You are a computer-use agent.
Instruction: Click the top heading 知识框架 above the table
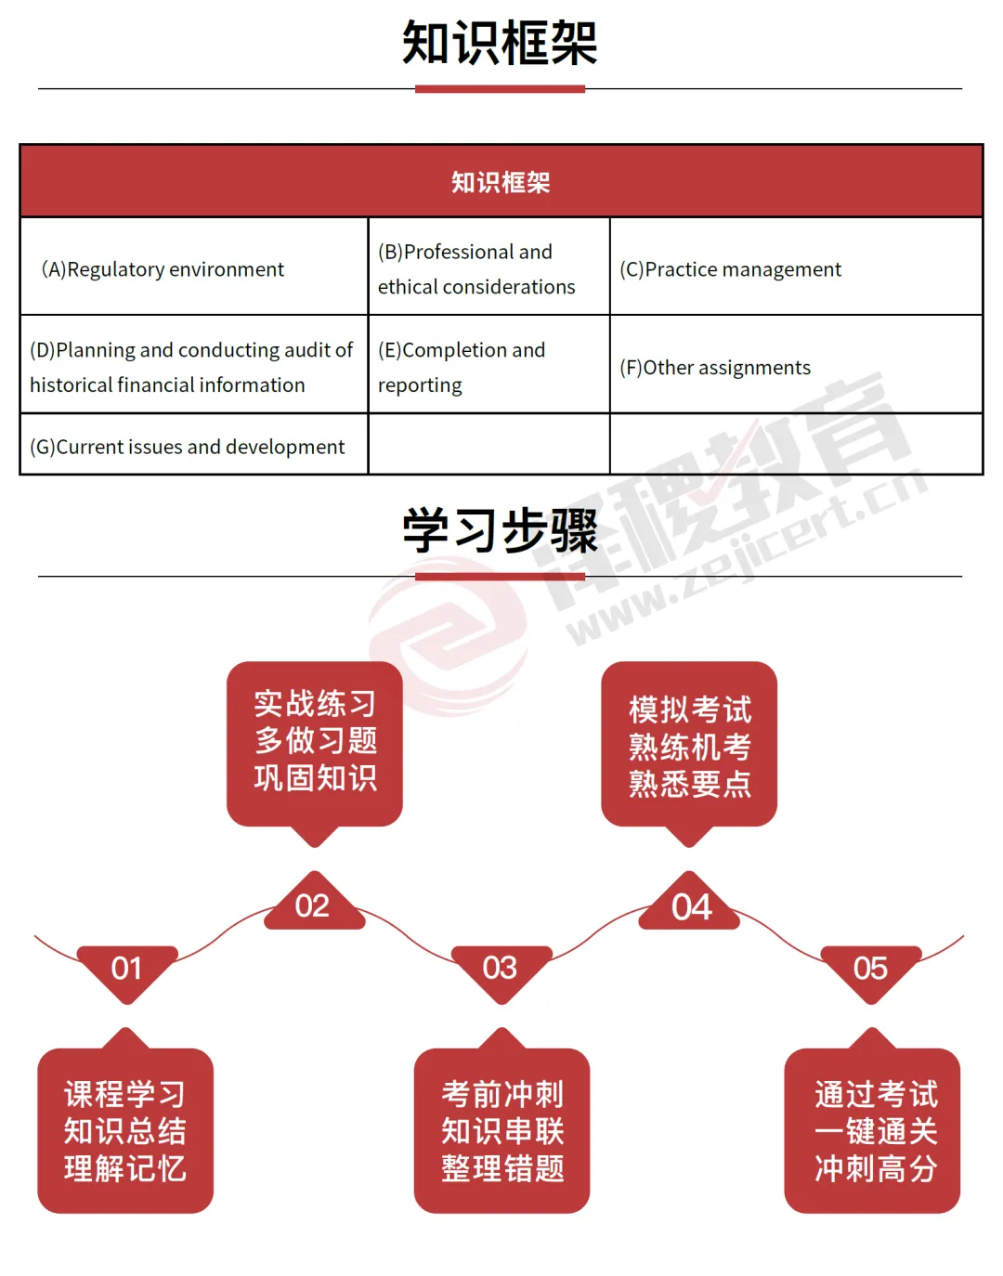[x=500, y=43]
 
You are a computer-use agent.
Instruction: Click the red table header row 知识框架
[x=501, y=182]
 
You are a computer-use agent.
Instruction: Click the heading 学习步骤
[x=500, y=531]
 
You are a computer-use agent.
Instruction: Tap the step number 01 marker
[x=126, y=969]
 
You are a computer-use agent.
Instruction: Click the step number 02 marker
[x=313, y=905]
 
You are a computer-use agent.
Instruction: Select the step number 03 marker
[x=501, y=969]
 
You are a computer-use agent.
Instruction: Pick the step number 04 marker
[x=691, y=906]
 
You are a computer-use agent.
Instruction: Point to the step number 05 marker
[x=871, y=969]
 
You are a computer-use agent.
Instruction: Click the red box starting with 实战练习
[x=315, y=742]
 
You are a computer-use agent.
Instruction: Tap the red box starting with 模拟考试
[x=689, y=746]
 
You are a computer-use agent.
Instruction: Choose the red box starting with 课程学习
[x=125, y=1130]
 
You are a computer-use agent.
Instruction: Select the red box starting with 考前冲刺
[x=502, y=1130]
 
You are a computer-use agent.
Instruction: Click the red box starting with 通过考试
[x=873, y=1130]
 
